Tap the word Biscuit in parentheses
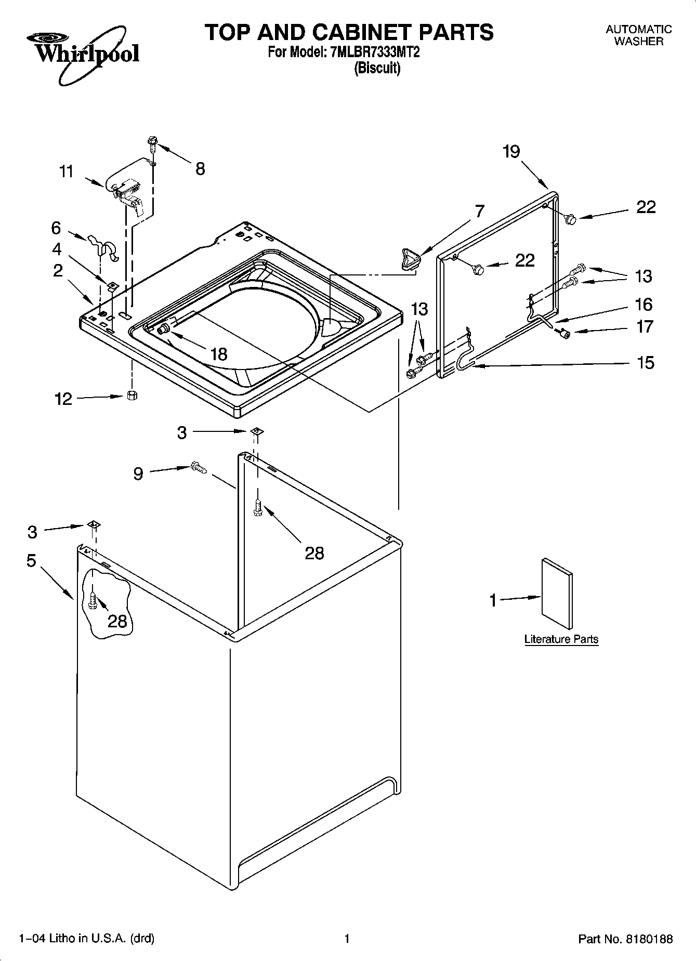pos(377,69)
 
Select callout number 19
pos(511,152)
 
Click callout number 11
pos(66,172)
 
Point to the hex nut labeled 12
pos(132,396)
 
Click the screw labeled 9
pos(199,467)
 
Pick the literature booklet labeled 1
pos(557,595)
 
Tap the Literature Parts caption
pos(561,639)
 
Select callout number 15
pos(645,362)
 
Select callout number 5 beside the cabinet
pos(32,561)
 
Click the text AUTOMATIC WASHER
pos(638,35)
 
